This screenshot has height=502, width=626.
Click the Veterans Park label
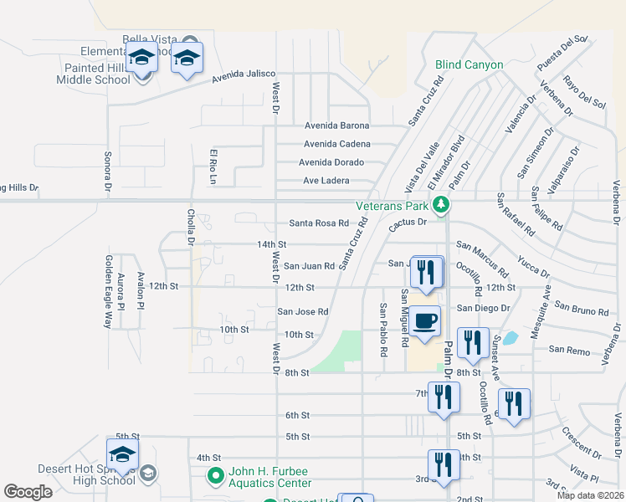point(392,205)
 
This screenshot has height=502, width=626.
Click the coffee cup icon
point(426,320)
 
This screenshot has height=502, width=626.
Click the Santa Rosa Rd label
point(318,223)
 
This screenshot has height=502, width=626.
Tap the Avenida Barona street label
point(336,126)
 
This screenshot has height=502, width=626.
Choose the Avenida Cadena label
point(336,144)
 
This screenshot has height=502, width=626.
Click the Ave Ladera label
point(326,181)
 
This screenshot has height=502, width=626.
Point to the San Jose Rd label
point(303,312)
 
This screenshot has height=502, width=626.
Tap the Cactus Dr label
point(408,223)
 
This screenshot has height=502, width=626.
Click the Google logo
point(28,492)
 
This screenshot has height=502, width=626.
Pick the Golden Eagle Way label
point(107,291)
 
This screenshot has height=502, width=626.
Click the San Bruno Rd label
point(581,311)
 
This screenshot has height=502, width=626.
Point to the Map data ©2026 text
point(590,495)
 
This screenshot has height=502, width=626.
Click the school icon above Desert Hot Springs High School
point(122,453)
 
